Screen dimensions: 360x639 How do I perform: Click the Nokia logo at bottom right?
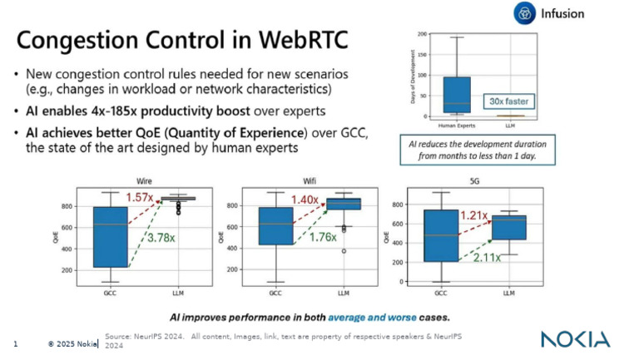575,339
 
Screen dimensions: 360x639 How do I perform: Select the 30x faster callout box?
507,101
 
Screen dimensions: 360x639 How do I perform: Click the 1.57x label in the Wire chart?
142,197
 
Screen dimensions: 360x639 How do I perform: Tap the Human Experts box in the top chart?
457,94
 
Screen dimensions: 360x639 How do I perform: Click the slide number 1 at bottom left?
17,343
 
